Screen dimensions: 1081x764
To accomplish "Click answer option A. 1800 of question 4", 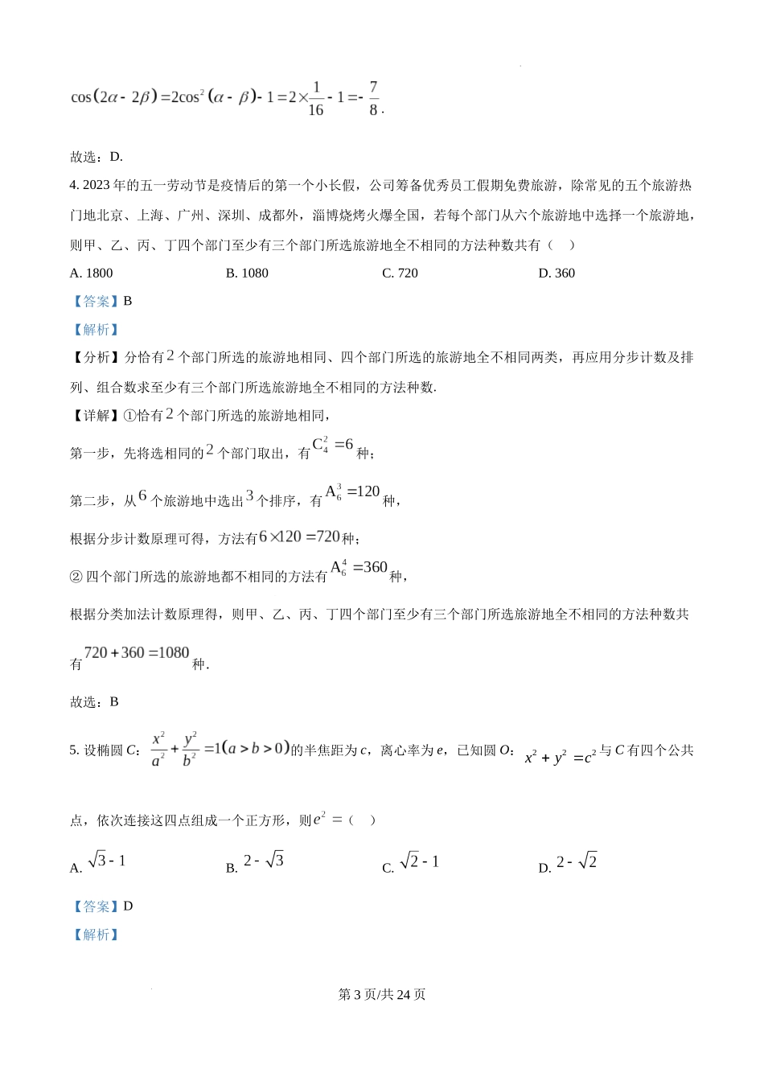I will (x=92, y=273).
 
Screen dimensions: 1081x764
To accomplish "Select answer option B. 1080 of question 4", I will (x=247, y=273).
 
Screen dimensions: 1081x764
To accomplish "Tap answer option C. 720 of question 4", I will (x=400, y=273).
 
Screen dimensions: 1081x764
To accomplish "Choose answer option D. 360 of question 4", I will (x=557, y=273).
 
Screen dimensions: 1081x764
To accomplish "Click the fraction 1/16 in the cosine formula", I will (x=315, y=98).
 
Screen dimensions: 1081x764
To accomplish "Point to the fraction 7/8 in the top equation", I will (x=373, y=98).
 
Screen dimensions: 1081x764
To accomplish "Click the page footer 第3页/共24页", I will (x=382, y=995).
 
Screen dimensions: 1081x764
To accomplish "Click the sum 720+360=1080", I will (x=137, y=653).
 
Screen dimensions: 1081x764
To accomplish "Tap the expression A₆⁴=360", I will (x=359, y=568).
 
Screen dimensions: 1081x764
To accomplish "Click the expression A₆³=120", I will (x=352, y=492).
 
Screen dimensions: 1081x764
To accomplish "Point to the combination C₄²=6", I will (x=333, y=445).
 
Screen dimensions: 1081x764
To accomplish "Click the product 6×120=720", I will (x=300, y=536).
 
